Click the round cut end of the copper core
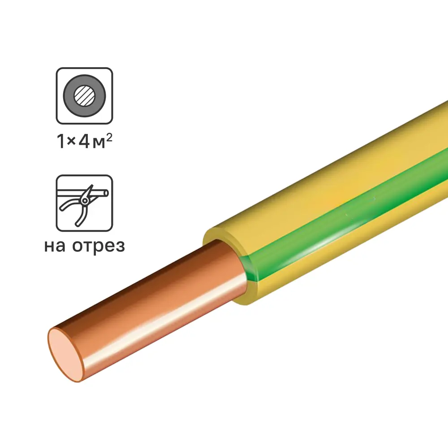point(65,354)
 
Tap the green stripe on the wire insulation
point(343,217)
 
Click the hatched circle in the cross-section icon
point(84,96)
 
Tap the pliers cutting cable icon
point(84,203)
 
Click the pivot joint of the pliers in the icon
point(85,201)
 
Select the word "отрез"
point(99,247)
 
